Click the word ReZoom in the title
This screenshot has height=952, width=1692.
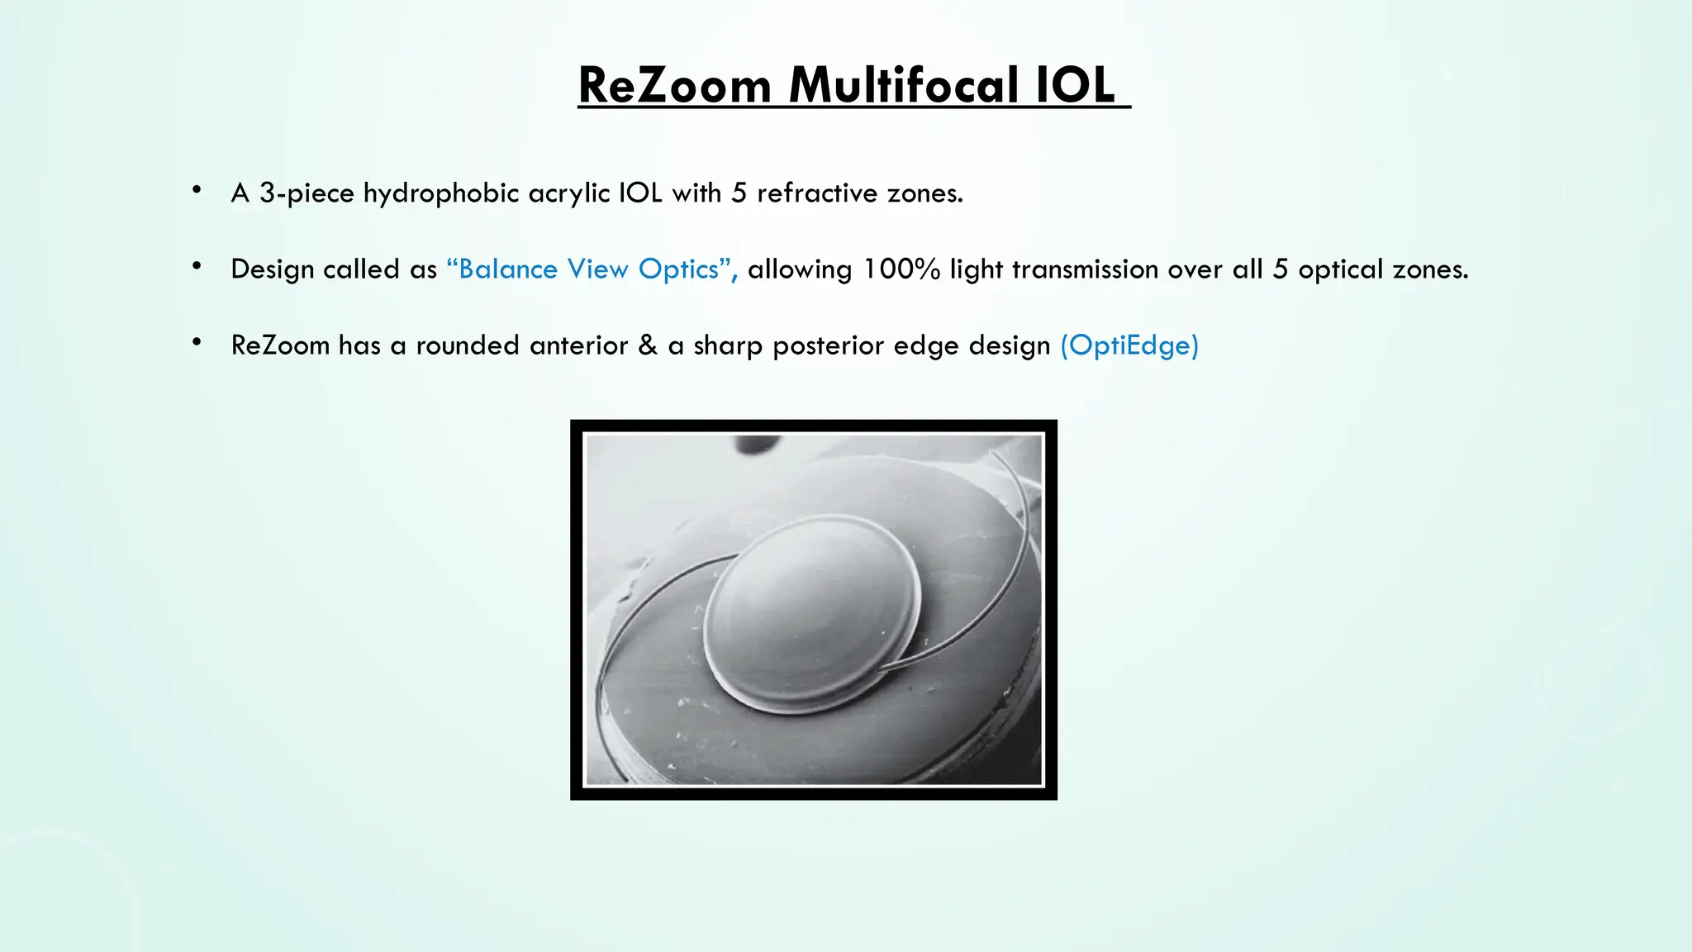[x=674, y=85]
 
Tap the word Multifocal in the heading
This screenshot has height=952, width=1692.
[x=903, y=85]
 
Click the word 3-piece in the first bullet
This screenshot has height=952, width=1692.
[x=307, y=193]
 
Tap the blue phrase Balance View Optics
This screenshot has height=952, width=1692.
[x=590, y=269]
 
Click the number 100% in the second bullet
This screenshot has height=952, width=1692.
[x=901, y=269]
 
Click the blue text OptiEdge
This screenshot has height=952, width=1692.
[x=1129, y=345]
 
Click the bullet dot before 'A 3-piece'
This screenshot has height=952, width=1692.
[x=197, y=191]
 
